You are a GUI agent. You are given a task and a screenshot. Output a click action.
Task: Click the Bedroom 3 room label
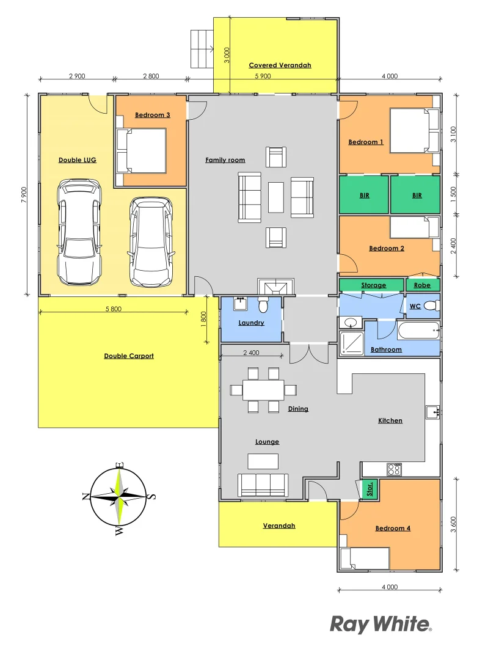152,115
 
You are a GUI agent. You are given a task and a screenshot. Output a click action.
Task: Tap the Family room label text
225,160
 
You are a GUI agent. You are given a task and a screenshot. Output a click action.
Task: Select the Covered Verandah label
280,65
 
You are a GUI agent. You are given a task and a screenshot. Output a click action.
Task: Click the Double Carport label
128,356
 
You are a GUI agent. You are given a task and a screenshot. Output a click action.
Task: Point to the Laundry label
251,323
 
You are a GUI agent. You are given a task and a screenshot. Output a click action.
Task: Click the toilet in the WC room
431,305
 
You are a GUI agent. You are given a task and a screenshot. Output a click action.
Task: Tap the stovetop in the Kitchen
394,469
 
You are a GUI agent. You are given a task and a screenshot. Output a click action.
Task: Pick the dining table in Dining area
263,390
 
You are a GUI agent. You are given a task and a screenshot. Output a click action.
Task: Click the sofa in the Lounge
263,485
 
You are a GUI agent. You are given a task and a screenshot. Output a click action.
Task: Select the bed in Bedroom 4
365,559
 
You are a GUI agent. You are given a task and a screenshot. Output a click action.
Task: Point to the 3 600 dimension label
453,524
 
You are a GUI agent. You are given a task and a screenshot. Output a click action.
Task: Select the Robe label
422,285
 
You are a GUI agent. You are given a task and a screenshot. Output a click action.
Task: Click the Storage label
373,285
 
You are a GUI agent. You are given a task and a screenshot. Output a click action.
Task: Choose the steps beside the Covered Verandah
201,50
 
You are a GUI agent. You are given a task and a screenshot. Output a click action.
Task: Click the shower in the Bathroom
351,344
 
